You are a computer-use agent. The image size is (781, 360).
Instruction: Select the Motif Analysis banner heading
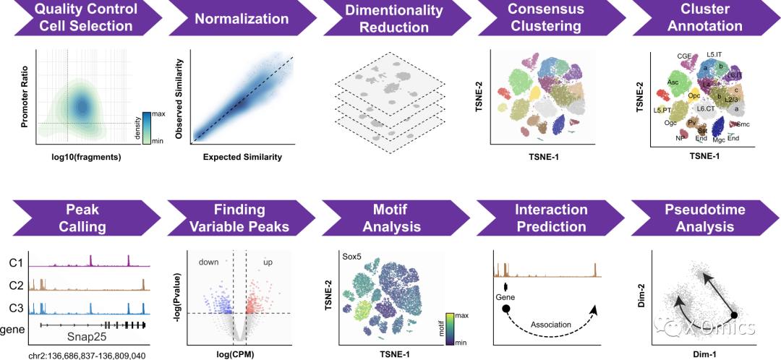coord(390,217)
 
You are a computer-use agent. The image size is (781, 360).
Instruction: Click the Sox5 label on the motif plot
coord(352,257)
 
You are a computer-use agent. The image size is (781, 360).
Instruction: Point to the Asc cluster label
coord(673,82)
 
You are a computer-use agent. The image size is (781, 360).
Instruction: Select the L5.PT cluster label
coord(662,110)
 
